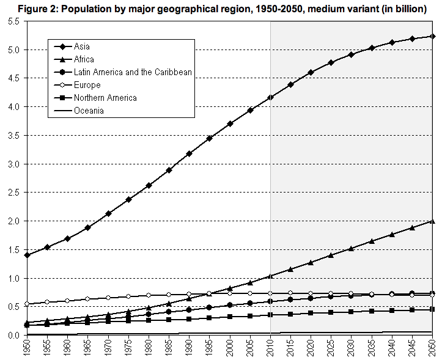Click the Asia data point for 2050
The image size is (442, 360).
tap(433, 36)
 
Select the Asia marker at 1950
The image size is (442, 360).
tap(26, 255)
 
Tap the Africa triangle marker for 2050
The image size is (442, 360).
tap(433, 221)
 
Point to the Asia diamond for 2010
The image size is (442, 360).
tap(270, 98)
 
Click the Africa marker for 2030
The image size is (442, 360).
tap(352, 248)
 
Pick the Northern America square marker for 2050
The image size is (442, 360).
tap(433, 309)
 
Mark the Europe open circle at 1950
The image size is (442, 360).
tap(26, 304)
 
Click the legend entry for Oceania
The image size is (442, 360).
tap(89, 111)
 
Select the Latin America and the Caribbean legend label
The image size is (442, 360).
tap(133, 72)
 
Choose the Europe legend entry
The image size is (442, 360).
tap(87, 85)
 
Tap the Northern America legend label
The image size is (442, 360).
tap(105, 98)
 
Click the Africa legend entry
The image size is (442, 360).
tap(84, 59)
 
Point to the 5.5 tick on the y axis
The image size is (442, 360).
tap(13, 21)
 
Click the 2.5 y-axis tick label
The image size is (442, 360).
tap(13, 193)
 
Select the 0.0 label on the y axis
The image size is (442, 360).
tap(13, 336)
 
